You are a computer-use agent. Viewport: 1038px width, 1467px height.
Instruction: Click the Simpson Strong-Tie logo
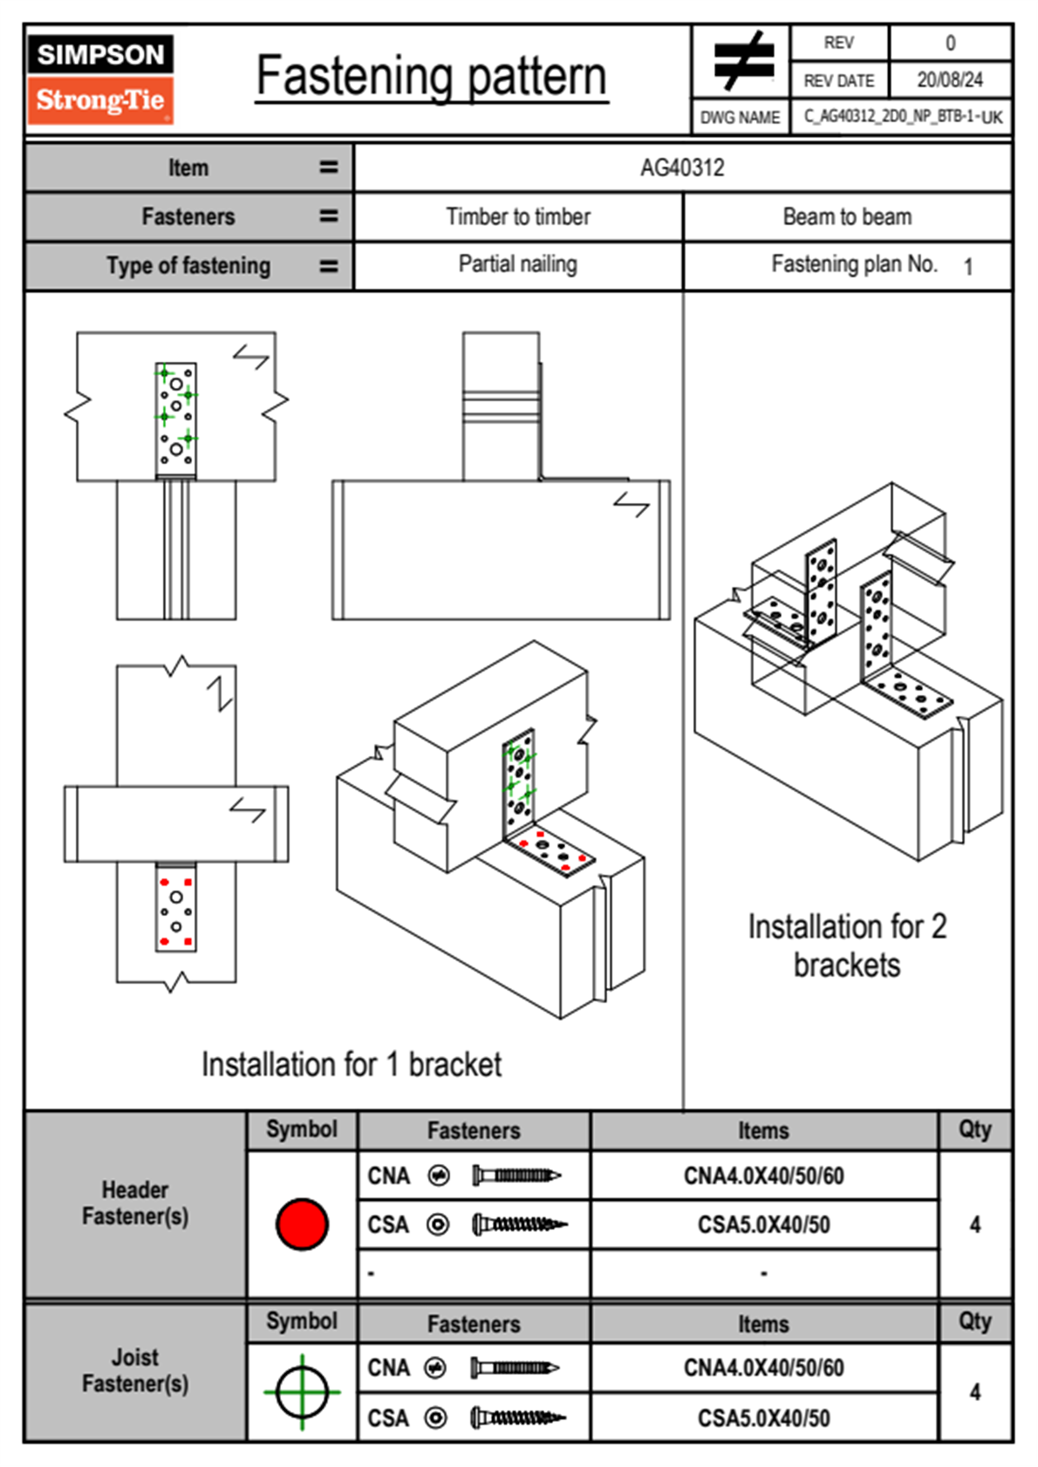(100, 79)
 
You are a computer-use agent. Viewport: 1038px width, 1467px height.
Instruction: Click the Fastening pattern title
(431, 77)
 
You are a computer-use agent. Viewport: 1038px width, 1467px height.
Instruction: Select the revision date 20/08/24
(949, 80)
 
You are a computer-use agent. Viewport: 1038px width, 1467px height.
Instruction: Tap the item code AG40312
(682, 167)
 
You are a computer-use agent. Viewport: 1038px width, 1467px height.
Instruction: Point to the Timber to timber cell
(518, 216)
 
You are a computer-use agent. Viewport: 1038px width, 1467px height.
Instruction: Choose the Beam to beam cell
(847, 216)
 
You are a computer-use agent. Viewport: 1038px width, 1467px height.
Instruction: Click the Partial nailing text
(518, 264)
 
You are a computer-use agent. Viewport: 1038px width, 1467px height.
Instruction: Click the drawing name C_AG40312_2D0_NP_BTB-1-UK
(903, 117)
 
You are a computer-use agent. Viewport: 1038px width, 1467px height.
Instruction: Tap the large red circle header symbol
(302, 1224)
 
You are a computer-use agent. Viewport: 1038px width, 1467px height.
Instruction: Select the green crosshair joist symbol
(302, 1392)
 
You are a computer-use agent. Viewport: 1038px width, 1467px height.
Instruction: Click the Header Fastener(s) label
(135, 1203)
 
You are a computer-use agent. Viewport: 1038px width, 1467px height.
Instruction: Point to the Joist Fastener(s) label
(135, 1370)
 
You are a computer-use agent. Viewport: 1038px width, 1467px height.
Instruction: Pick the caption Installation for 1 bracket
(352, 1065)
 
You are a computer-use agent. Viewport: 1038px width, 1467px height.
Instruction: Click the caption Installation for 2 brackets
(847, 945)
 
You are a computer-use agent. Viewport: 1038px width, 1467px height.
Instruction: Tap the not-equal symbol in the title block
(741, 61)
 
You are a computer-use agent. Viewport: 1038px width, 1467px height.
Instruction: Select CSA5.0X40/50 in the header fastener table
(763, 1225)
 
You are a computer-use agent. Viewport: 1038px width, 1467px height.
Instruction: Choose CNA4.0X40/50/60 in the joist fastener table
(763, 1368)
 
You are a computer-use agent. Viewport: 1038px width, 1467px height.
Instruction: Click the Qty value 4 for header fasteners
(975, 1225)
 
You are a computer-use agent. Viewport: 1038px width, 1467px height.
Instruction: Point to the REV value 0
(950, 43)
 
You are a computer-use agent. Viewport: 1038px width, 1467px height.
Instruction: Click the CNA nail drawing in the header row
(516, 1176)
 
